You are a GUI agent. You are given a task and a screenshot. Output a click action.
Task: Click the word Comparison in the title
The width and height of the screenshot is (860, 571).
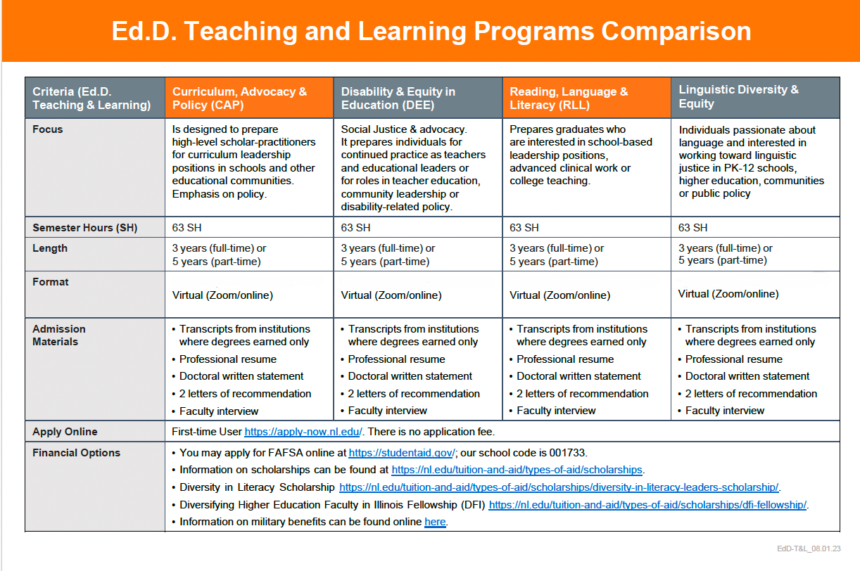tap(676, 31)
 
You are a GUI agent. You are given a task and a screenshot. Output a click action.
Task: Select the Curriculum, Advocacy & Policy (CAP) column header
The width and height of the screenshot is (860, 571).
tap(239, 98)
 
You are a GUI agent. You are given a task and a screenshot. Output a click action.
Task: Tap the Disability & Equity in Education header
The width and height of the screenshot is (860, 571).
tap(398, 98)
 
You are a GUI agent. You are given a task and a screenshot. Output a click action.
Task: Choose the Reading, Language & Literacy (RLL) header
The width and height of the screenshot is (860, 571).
tap(569, 98)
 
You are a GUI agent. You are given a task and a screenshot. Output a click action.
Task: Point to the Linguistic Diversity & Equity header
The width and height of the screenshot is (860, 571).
tap(738, 96)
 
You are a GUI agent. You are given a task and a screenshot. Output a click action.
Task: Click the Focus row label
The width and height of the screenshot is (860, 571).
tap(48, 129)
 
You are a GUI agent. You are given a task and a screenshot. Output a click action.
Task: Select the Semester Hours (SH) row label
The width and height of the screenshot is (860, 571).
tap(85, 228)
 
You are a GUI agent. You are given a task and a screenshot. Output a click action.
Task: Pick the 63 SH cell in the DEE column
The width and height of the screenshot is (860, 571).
tap(355, 228)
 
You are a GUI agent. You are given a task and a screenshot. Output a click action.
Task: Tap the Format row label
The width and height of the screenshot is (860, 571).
tap(50, 282)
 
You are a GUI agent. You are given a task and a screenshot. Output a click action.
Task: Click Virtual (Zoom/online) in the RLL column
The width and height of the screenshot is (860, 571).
tap(559, 295)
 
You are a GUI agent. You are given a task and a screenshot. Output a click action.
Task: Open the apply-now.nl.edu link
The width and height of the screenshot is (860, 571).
tap(303, 432)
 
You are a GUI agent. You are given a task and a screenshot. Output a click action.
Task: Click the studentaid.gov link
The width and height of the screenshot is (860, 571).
tap(402, 453)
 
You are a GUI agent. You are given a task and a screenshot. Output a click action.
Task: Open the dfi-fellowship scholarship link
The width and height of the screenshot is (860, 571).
tap(647, 505)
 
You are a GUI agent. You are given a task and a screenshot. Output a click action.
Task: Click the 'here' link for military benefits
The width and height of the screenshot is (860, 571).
tap(435, 522)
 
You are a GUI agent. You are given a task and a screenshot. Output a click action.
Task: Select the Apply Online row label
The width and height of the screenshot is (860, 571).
tap(65, 432)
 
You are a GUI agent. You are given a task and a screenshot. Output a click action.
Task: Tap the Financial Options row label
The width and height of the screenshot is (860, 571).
tap(77, 453)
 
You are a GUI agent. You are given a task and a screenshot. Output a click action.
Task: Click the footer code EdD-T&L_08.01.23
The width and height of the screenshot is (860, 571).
tap(809, 548)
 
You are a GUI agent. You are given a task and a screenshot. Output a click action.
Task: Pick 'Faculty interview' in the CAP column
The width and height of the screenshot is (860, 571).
tap(219, 411)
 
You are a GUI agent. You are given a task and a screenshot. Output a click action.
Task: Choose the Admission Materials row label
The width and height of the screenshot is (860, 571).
tap(59, 335)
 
